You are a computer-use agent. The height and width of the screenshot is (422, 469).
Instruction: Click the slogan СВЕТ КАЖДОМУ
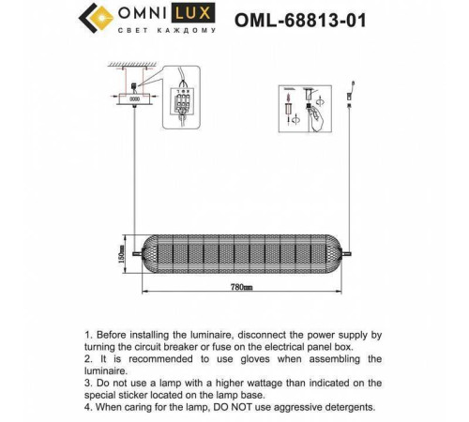point(167,31)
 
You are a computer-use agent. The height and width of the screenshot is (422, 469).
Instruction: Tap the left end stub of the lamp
point(137,251)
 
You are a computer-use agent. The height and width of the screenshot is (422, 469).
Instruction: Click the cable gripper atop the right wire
point(348,94)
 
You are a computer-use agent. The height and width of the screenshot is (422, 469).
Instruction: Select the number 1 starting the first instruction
point(87,334)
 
